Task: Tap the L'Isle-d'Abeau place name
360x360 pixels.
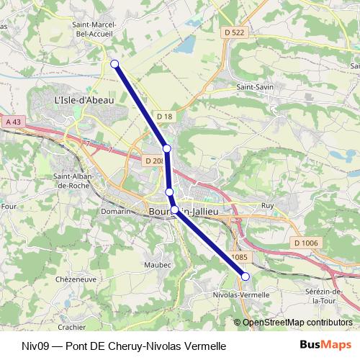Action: pos(84,100)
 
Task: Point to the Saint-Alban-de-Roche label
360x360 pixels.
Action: pos(72,181)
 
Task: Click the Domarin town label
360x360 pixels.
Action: pos(115,212)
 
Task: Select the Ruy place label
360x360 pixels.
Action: pos(268,206)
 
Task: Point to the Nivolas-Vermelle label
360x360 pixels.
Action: pos(242,294)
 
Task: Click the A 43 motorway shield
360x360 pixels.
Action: pos(13,122)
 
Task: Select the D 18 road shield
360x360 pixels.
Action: pos(165,116)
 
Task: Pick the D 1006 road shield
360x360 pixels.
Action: pos(306,243)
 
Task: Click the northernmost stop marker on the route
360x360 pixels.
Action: pos(114,64)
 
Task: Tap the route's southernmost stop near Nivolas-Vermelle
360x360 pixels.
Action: pos(245,276)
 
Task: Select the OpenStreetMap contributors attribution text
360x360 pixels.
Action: pos(297,322)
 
